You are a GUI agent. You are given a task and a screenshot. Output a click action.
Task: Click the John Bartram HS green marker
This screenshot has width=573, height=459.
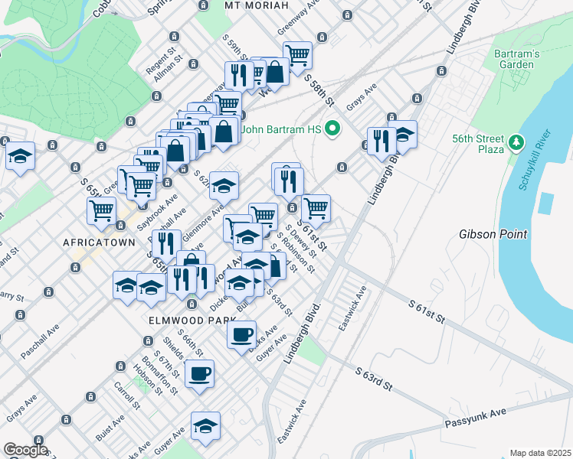coord(332,129)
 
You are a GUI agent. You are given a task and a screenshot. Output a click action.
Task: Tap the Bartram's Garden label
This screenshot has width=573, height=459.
coord(515,59)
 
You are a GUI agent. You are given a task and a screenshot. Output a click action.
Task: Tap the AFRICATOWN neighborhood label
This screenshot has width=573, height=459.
coord(99,242)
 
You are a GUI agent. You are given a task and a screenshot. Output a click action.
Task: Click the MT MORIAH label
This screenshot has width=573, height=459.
coord(257,5)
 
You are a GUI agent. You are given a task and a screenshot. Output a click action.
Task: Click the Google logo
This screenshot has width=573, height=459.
coord(25,451)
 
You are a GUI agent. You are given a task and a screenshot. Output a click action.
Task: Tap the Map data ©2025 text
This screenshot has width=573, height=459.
coord(539,453)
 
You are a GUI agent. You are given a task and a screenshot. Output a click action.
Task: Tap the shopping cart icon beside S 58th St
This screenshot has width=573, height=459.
coord(297,54)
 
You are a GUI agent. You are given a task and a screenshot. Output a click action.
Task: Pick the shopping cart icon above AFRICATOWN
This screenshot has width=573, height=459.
coord(101,210)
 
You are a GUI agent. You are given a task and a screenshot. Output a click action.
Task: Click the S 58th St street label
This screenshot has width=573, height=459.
coord(319,90)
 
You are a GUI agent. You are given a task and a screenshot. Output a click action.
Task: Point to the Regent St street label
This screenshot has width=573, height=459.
coord(162,59)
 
